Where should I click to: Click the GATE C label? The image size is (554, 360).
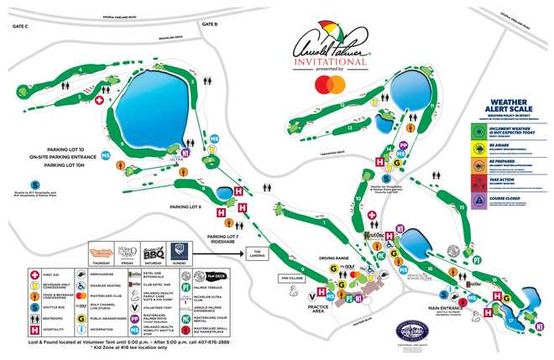[x=18, y=27]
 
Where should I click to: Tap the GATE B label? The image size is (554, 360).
[x=210, y=24]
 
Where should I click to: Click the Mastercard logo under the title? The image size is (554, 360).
[x=329, y=83]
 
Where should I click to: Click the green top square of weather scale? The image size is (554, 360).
[x=476, y=132]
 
